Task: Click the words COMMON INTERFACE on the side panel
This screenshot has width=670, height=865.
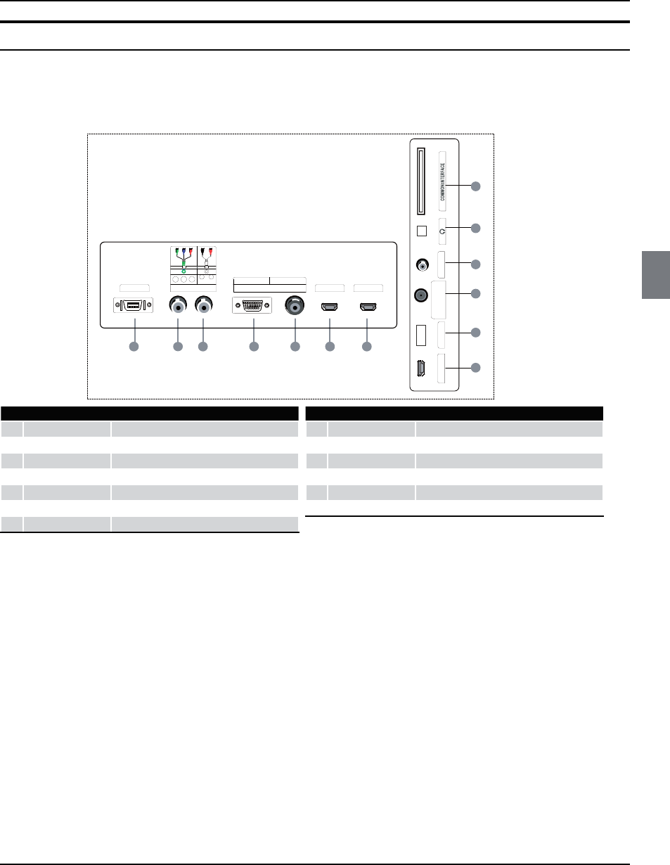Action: (x=443, y=181)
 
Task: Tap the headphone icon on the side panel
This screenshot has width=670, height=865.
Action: (x=442, y=231)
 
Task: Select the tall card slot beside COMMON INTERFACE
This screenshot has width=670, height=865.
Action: (x=421, y=181)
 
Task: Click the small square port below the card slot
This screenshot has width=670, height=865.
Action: (x=422, y=231)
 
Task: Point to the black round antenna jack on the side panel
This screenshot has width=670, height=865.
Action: (x=421, y=295)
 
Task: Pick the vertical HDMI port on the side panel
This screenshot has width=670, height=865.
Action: (x=421, y=369)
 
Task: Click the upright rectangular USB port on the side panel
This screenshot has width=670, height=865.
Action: (x=421, y=335)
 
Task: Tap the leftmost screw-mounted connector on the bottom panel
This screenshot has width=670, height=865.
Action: (x=134, y=305)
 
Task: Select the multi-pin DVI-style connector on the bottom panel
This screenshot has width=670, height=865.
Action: (x=252, y=305)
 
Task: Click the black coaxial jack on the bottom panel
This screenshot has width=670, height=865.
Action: (x=295, y=306)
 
